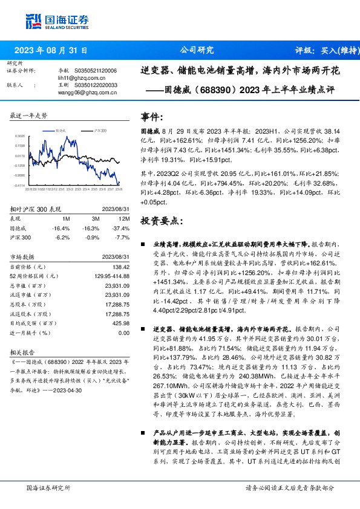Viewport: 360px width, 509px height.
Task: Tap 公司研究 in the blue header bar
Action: (197, 50)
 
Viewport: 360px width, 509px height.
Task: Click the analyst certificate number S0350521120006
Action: (93, 71)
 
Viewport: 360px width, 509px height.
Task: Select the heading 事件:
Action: (152, 117)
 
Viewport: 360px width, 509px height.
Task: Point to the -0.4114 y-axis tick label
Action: (19, 185)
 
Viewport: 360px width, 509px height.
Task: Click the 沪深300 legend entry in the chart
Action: (100, 130)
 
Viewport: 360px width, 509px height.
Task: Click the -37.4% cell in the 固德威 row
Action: (123, 229)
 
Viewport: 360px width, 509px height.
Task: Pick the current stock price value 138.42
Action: (122, 267)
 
